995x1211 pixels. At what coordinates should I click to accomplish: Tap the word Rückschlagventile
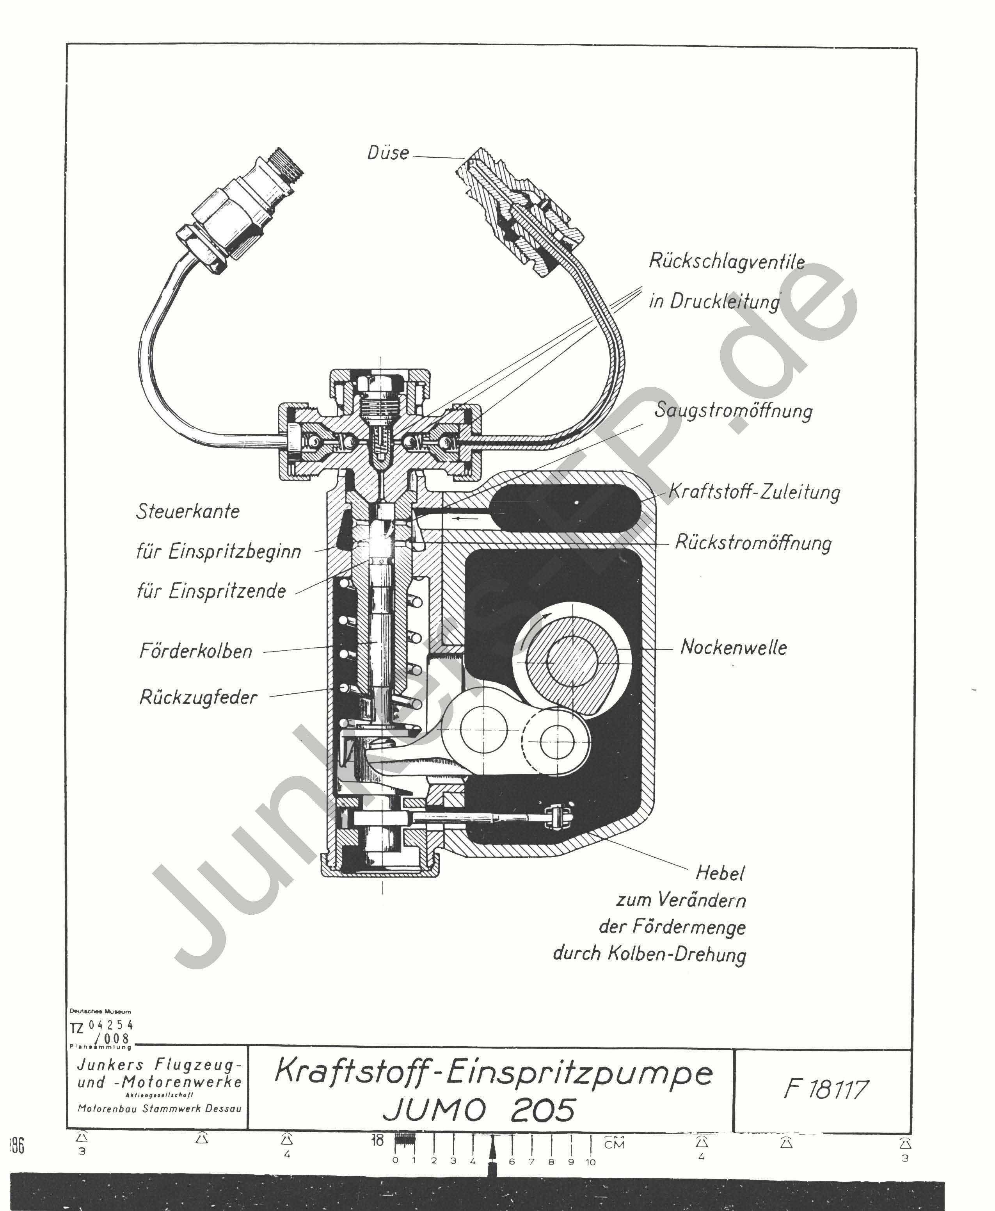[726, 262]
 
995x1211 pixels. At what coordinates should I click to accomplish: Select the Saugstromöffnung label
[733, 411]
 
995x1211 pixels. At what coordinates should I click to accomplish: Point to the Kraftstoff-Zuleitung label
[754, 492]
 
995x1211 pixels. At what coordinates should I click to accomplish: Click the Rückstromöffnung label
[753, 542]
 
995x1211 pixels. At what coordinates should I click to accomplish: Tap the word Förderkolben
[195, 651]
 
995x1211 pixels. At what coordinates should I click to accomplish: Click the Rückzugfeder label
[198, 698]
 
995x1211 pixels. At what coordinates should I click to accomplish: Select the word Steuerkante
[187, 511]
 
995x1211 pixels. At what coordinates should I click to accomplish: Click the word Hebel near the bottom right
[720, 873]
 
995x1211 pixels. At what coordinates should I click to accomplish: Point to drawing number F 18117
[825, 1090]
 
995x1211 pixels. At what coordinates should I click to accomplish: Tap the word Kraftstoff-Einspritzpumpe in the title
[493, 1073]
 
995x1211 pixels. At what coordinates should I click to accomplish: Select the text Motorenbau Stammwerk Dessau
[159, 1108]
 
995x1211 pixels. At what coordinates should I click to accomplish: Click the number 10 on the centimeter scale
[590, 1162]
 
